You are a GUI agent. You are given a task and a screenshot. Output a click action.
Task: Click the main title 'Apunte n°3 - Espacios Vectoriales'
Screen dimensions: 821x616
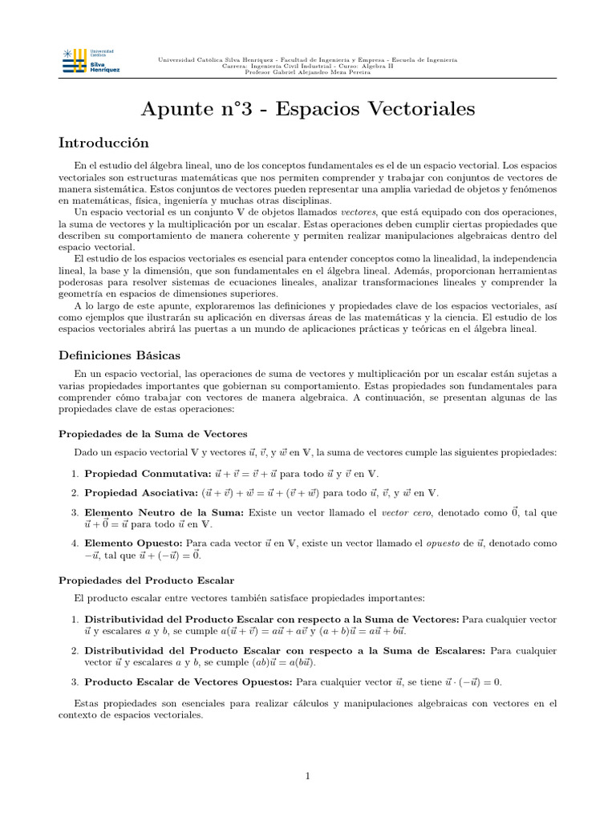point(308,109)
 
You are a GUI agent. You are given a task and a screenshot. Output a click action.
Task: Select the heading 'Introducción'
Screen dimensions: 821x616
point(104,143)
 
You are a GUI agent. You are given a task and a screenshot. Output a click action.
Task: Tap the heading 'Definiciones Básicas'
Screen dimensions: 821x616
point(120,354)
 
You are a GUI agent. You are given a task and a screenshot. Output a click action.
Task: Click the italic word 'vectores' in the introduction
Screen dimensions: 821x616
point(336,211)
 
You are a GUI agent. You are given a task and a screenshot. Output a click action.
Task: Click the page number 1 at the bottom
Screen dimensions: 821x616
point(308,776)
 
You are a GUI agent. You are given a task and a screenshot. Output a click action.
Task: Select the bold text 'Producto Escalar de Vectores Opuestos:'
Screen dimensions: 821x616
point(188,682)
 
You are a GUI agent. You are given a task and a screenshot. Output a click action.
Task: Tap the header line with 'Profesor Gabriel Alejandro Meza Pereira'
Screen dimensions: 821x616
point(308,72)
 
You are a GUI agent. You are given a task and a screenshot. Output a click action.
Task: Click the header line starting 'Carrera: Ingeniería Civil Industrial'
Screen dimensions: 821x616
point(308,66)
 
